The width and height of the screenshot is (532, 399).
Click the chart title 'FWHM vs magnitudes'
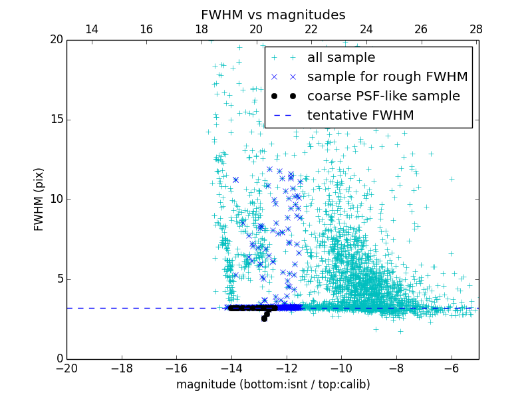pyautogui.click(x=273, y=15)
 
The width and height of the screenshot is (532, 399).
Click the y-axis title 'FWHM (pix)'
pyautogui.click(x=39, y=199)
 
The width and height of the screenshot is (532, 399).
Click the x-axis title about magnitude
pyautogui.click(x=273, y=384)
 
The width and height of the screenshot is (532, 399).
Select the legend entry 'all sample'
pyautogui.click(x=340, y=58)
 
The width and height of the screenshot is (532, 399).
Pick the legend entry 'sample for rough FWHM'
pyautogui.click(x=387, y=77)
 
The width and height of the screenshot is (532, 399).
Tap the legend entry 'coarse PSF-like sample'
pyautogui.click(x=383, y=96)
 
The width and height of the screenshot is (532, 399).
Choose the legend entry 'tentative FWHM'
pyautogui.click(x=360, y=116)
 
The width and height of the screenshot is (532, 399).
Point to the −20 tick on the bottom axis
pyautogui.click(x=66, y=368)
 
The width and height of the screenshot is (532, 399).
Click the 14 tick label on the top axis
pyautogui.click(x=92, y=29)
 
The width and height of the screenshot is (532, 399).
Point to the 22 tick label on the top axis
pyautogui.click(x=311, y=29)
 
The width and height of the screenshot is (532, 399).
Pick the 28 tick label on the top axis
pyautogui.click(x=476, y=29)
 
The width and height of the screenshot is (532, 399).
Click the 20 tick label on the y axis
pyautogui.click(x=56, y=40)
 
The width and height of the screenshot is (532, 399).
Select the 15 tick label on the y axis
pyautogui.click(x=56, y=120)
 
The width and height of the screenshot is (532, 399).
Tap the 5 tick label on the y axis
pyautogui.click(x=59, y=279)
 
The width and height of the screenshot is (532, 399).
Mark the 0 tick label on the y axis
pyautogui.click(x=59, y=359)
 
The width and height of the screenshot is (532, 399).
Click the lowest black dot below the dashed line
pyautogui.click(x=264, y=319)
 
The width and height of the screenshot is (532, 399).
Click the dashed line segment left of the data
pyautogui.click(x=146, y=308)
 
